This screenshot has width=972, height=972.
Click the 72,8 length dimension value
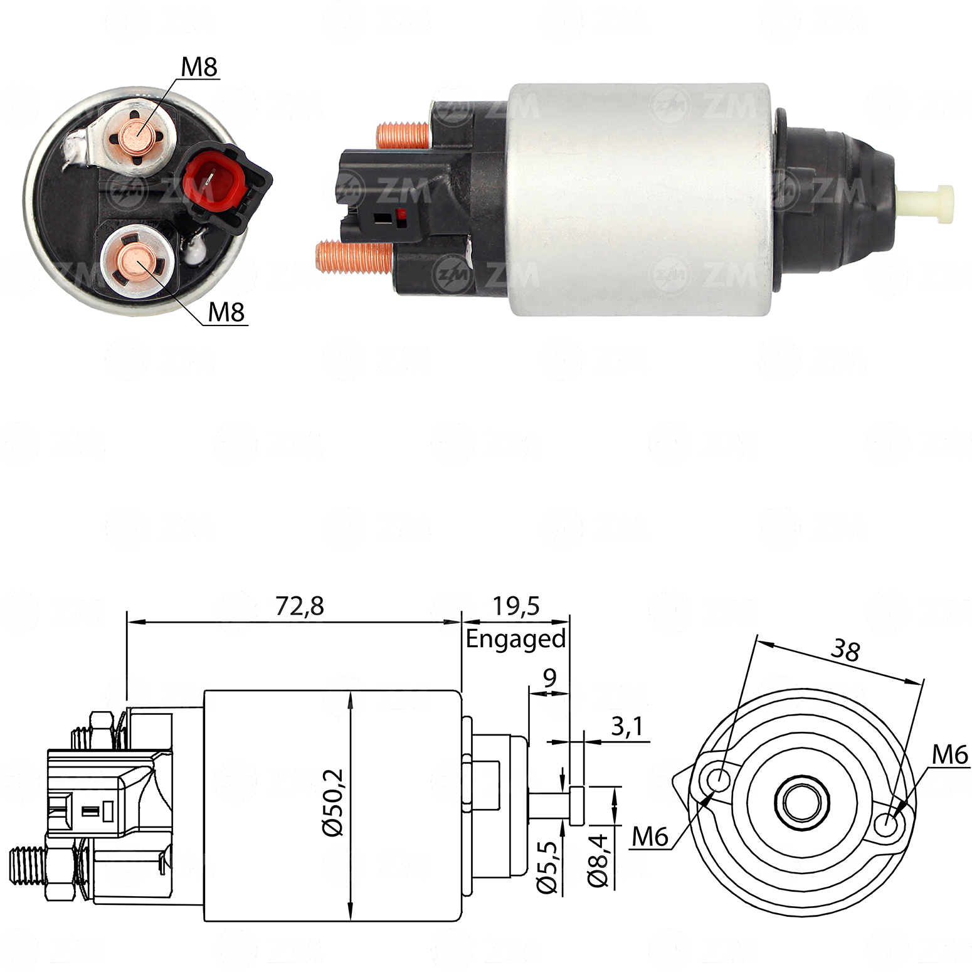[x=300, y=606]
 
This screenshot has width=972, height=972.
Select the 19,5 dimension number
[x=515, y=606]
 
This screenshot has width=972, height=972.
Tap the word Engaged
[x=515, y=639]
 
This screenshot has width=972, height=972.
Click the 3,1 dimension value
[x=626, y=727]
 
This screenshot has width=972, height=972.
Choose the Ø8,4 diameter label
[x=598, y=860]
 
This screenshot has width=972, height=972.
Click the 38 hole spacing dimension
[x=845, y=650]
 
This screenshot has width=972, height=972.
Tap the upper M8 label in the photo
[x=199, y=67]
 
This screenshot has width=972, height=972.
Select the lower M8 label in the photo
[x=226, y=312]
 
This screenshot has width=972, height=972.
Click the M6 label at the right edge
[x=949, y=755]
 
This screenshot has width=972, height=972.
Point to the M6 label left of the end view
[x=650, y=837]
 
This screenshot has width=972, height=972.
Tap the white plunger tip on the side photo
[x=929, y=204]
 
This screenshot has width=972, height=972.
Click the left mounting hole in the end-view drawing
[x=719, y=780]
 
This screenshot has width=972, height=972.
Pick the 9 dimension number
[x=549, y=678]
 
